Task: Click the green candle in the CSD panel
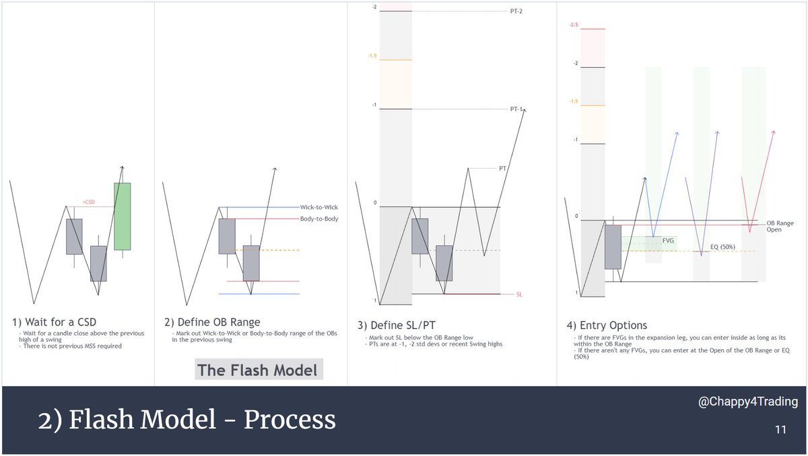[122, 216]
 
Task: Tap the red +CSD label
[88, 202]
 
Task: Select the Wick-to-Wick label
[318, 208]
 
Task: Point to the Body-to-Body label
[319, 219]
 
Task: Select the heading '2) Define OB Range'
[212, 321]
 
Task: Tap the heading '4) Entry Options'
[604, 326]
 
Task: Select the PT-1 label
[516, 109]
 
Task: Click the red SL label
[519, 295]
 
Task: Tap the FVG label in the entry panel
[668, 239]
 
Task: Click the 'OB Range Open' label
[780, 225]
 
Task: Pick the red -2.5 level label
[573, 25]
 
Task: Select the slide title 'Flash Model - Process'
[187, 420]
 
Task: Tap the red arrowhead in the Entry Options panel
[774, 132]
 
